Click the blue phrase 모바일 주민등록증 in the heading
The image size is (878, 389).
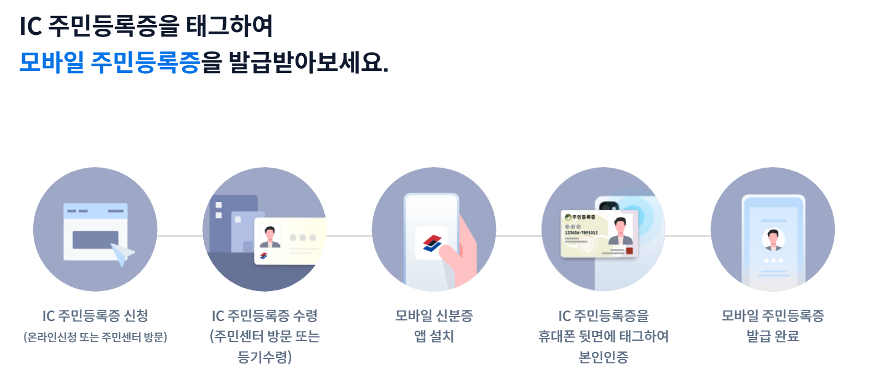(x=109, y=62)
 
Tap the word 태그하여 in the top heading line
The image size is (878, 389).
(x=229, y=26)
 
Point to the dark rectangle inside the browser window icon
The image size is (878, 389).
(x=95, y=240)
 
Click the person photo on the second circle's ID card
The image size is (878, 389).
(x=270, y=236)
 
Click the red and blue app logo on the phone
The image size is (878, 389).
(x=432, y=243)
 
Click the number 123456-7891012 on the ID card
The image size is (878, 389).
(x=581, y=233)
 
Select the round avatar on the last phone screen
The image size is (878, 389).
(x=773, y=240)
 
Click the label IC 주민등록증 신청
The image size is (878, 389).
(x=95, y=316)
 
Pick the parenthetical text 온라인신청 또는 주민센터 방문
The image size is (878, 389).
(x=95, y=337)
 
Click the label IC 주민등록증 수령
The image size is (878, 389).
(x=265, y=316)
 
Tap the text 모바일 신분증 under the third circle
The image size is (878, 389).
(x=434, y=316)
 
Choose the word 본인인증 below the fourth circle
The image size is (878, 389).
(x=603, y=357)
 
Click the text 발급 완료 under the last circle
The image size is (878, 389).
(x=773, y=336)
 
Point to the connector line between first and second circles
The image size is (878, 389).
(x=180, y=236)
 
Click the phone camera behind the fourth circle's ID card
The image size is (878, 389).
(x=608, y=206)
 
